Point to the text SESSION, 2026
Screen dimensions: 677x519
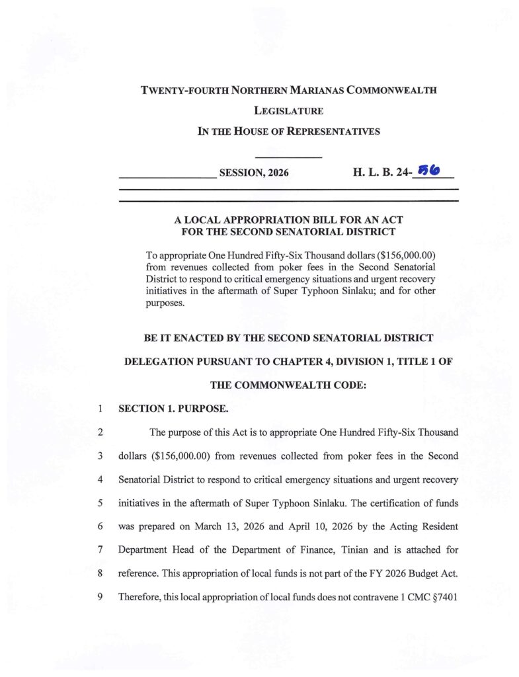click(x=254, y=174)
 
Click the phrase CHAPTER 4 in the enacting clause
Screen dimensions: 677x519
click(x=272, y=362)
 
